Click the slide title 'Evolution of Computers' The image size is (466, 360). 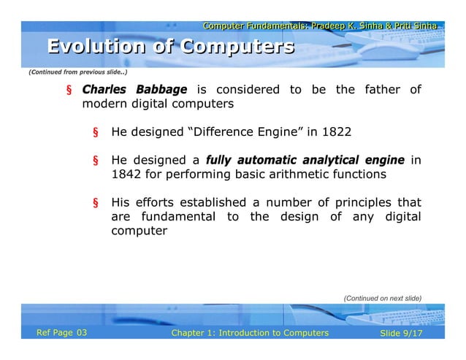[x=171, y=47]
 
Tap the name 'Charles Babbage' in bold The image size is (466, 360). [x=134, y=90]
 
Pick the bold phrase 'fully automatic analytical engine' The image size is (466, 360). [x=305, y=160]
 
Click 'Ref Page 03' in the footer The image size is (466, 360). [x=62, y=334]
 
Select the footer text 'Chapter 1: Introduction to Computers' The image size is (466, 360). [x=249, y=334]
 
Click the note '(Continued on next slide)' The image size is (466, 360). [x=382, y=298]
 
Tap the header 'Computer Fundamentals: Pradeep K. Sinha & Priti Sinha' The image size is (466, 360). [x=320, y=26]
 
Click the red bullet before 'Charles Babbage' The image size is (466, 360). [x=69, y=91]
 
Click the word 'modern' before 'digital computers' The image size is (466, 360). [x=102, y=104]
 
